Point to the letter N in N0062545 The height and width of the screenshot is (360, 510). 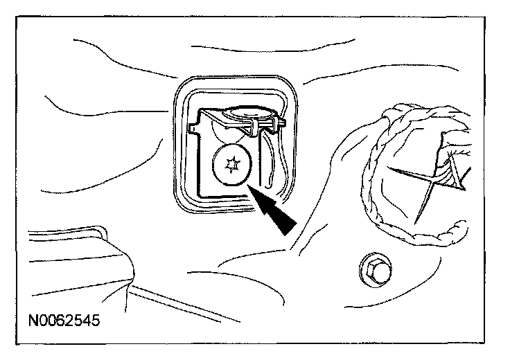pos(34,322)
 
